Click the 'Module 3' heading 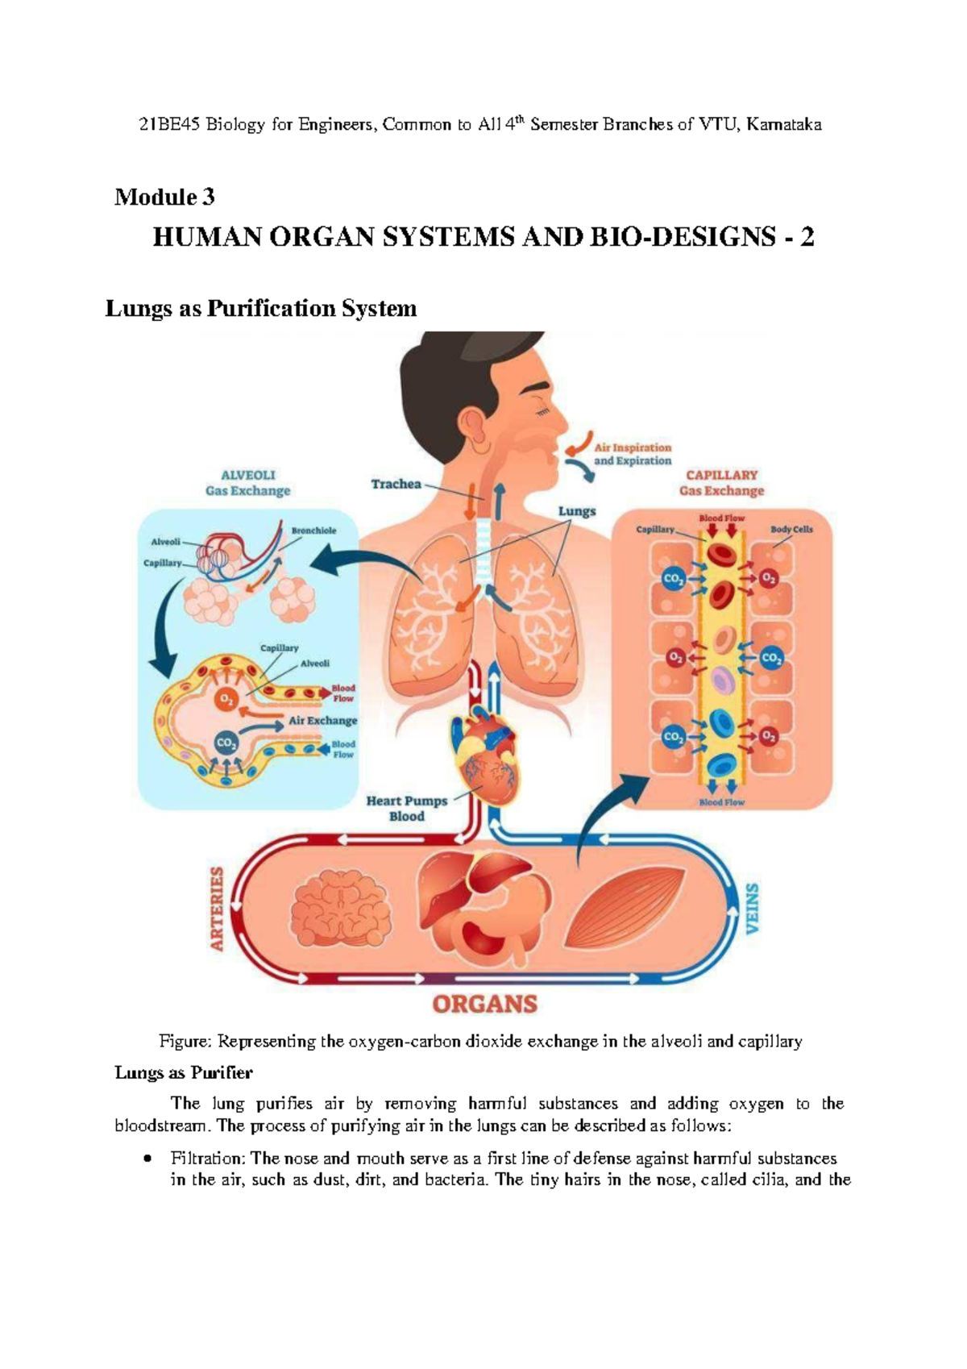point(164,197)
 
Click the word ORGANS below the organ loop point(484,1004)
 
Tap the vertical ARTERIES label point(217,909)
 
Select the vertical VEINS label point(752,909)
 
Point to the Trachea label point(396,484)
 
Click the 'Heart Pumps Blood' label point(407,808)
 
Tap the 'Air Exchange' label point(322,721)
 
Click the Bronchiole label point(313,531)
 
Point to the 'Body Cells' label point(791,530)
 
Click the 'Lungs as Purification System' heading point(261,308)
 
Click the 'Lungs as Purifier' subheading point(184,1072)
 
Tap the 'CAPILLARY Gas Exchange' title point(721,482)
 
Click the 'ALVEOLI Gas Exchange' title point(247,483)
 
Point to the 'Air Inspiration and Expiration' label point(632,454)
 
